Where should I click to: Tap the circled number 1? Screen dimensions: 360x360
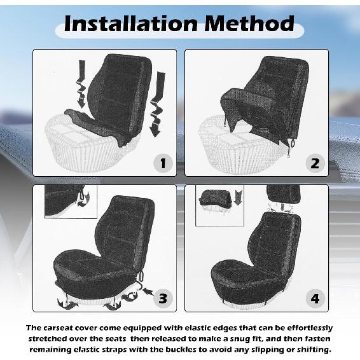tap(163, 163)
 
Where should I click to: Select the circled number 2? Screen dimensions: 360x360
tap(314, 163)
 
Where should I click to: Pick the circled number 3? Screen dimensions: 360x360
tap(163, 298)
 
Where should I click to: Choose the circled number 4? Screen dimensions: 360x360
tap(314, 298)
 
